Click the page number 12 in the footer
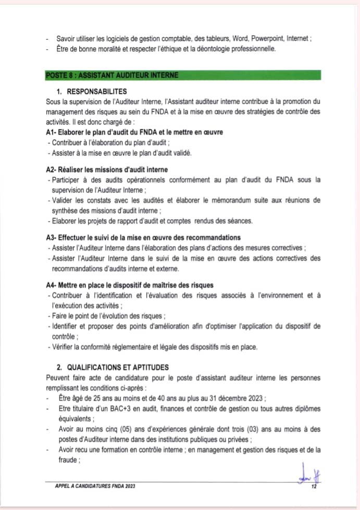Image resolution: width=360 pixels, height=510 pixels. click(314, 487)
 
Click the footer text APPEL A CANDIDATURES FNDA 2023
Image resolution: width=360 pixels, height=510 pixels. click(95, 487)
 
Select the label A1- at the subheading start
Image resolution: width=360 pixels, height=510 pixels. click(51, 132)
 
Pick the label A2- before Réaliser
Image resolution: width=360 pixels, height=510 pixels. click(51, 169)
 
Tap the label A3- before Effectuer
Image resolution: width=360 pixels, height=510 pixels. click(51, 238)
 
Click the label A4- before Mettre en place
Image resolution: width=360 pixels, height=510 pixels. click(51, 285)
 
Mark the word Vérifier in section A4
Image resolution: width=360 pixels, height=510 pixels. click(64, 347)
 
